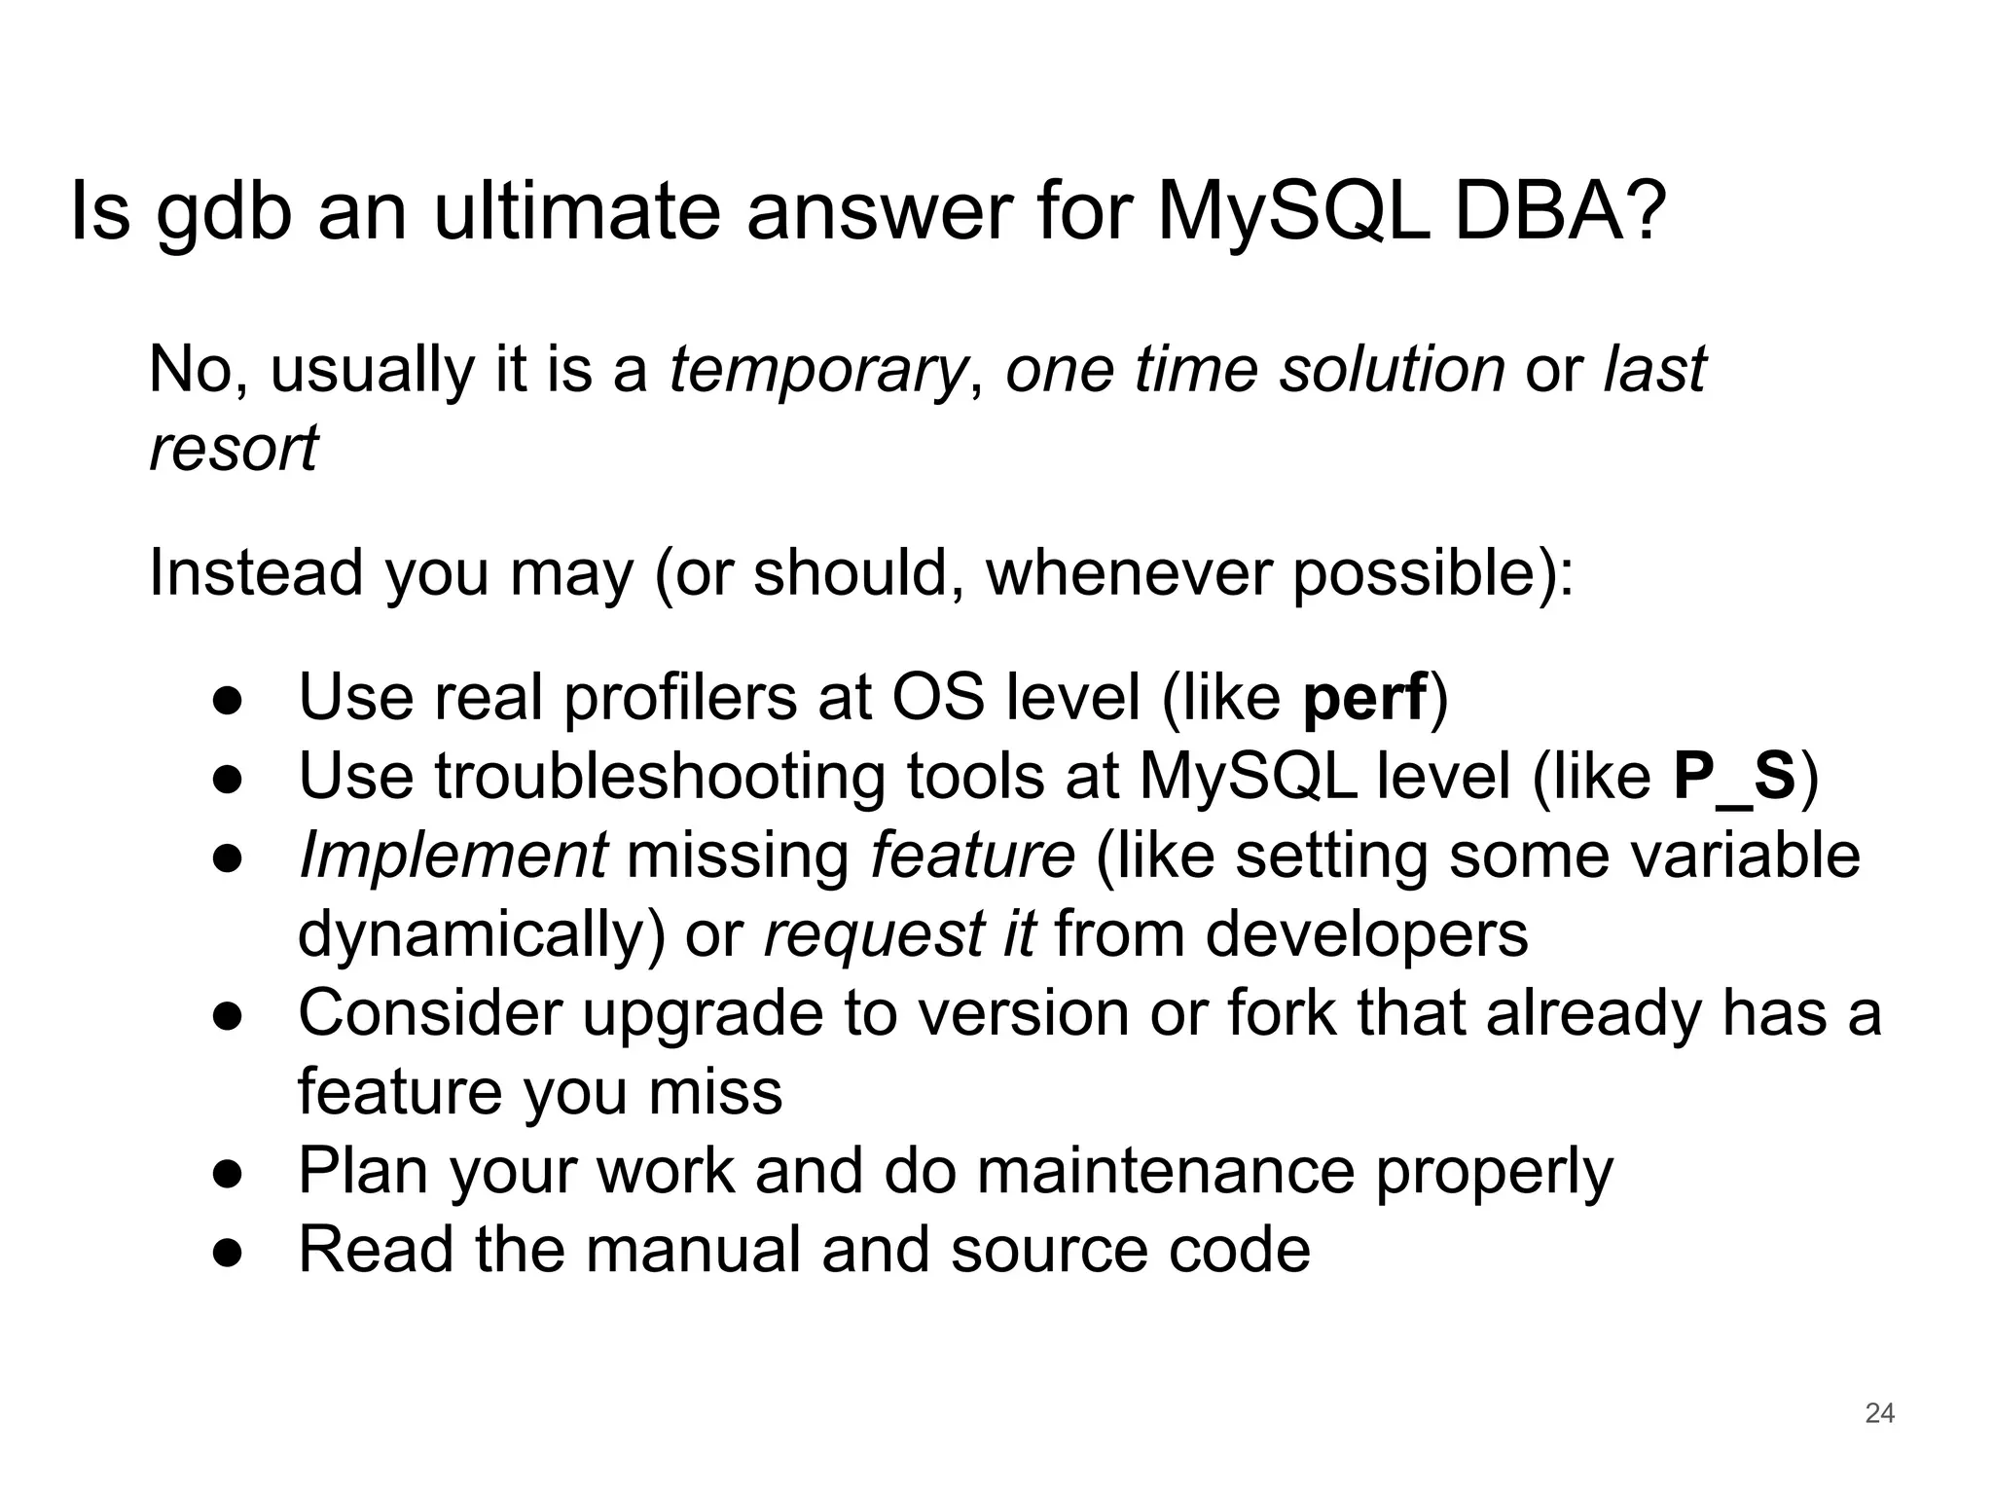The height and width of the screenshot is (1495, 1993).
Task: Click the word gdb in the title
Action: (223, 214)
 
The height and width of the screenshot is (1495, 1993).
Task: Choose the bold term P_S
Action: (1733, 777)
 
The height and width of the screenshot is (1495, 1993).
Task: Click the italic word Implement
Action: (453, 857)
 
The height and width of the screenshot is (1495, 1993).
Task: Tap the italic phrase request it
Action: (899, 934)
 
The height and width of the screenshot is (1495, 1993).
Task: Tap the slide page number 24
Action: (1879, 1413)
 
